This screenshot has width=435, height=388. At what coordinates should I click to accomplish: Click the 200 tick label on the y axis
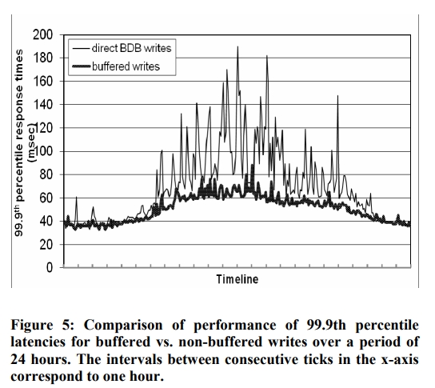point(42,35)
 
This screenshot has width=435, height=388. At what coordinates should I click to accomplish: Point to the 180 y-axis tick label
point(42,58)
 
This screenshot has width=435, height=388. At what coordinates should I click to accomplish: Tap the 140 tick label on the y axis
point(42,105)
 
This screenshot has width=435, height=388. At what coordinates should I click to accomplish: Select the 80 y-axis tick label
point(46,175)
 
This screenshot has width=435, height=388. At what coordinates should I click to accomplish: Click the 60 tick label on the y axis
point(46,198)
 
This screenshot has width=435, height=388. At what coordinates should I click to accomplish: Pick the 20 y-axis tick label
point(46,245)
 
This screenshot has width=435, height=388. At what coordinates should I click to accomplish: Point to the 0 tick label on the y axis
point(50,268)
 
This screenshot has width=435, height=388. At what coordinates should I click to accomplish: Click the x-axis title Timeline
point(237,279)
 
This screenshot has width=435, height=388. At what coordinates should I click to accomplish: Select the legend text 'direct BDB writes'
point(131,48)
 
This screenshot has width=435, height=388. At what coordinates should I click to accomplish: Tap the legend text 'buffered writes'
point(126,66)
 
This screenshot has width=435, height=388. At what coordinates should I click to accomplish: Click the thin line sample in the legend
point(82,49)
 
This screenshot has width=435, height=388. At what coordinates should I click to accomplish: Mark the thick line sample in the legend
point(82,66)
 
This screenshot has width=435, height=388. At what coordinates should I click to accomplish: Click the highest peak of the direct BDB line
point(237,46)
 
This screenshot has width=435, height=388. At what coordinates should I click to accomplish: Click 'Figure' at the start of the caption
point(31,326)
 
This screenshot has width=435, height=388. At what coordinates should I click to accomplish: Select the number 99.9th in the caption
point(326,325)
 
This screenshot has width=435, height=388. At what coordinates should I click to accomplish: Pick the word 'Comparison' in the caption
point(123,326)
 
